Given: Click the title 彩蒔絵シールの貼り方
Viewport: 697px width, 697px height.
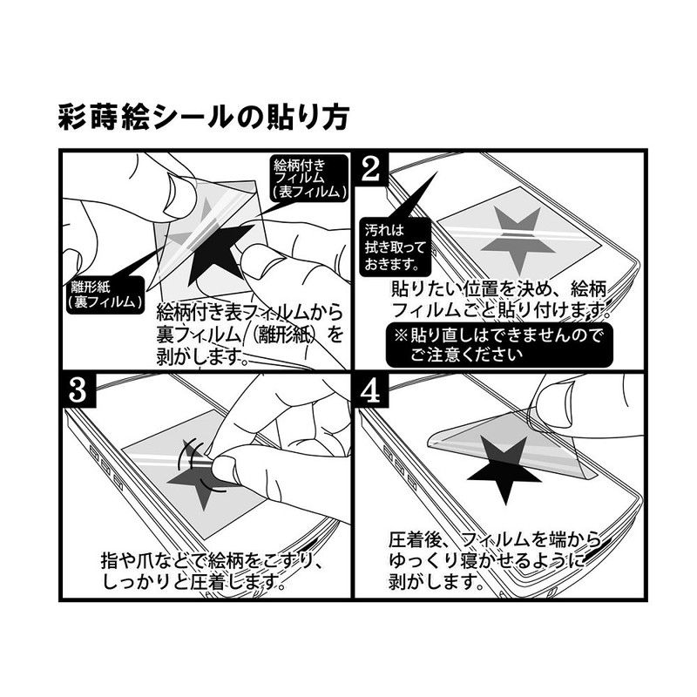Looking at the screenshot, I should (x=202, y=115).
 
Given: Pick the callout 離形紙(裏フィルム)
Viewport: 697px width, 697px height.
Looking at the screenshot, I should (x=105, y=294).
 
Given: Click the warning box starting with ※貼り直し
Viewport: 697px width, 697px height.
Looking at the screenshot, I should (x=498, y=343).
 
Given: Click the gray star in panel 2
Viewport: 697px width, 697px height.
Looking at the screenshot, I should (x=521, y=233).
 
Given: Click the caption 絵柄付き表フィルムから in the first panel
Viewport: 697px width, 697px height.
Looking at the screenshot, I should (x=248, y=312).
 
